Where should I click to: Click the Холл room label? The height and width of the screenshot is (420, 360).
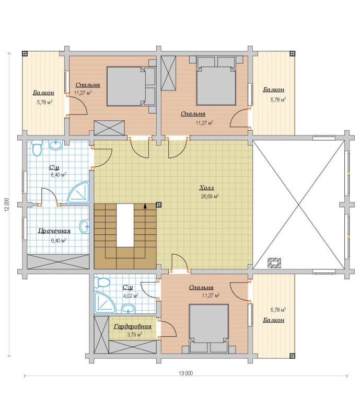pyautogui.click(x=206, y=188)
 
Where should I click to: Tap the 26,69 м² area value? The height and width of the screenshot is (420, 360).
pyautogui.click(x=210, y=196)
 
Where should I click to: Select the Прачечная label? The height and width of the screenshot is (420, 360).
pyautogui.click(x=54, y=231)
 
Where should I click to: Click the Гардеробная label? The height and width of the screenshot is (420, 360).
pyautogui.click(x=133, y=326)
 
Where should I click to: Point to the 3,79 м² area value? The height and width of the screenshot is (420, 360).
pyautogui.click(x=134, y=335)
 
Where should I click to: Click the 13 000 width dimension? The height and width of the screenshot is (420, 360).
pyautogui.click(x=186, y=373)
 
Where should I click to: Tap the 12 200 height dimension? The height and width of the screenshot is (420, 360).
pyautogui.click(x=7, y=205)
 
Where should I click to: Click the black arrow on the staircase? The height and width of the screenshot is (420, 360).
pyautogui.click(x=145, y=206)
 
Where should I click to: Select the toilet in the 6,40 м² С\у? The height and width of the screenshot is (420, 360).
pyautogui.click(x=37, y=148)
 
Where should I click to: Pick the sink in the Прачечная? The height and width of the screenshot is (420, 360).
pyautogui.click(x=85, y=226)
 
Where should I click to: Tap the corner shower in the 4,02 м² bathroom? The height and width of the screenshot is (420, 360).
pyautogui.click(x=104, y=302)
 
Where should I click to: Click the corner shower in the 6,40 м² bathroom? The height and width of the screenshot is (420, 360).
pyautogui.click(x=79, y=192)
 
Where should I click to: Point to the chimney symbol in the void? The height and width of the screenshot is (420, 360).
pyautogui.click(x=274, y=263)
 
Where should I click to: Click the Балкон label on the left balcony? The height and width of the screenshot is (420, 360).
pyautogui.click(x=43, y=93)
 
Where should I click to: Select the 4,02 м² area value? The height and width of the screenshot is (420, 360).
pyautogui.click(x=131, y=296)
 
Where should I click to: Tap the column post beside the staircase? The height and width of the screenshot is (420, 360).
pyautogui.click(x=158, y=205)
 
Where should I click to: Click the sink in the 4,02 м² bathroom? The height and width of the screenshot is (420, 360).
pyautogui.click(x=129, y=309)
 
